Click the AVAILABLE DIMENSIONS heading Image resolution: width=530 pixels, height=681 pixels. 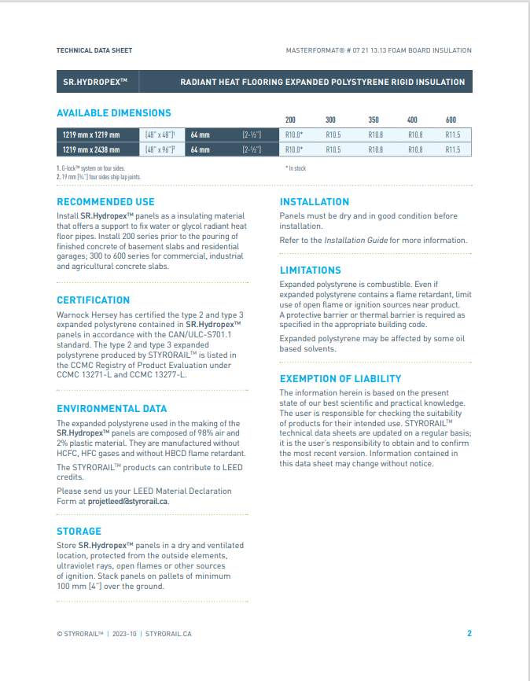pos(113,112)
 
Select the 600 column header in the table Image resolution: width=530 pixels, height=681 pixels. pos(451,120)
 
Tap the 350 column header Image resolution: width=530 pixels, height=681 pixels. pos(374,120)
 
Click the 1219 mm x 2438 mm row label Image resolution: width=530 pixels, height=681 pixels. pos(91,149)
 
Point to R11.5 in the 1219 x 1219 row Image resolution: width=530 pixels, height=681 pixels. pos(453,134)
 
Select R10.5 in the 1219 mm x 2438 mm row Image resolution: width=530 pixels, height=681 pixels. pos(333,149)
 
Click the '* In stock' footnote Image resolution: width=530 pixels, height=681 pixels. pos(295,168)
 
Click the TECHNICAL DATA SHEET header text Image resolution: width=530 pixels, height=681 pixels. pos(94,50)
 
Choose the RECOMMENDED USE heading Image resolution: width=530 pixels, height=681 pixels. pos(105,202)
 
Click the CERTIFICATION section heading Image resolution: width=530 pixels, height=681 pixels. pos(93,300)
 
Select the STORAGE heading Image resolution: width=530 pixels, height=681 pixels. pos(79,531)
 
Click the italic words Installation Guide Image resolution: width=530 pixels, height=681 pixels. pos(355,240)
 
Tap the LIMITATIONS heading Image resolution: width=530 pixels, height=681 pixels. pos(310,270)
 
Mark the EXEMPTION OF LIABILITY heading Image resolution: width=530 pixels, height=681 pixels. pos(340,378)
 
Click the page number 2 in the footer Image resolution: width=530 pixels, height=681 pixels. pos(469,633)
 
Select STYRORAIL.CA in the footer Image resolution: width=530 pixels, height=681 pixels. pos(168,634)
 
